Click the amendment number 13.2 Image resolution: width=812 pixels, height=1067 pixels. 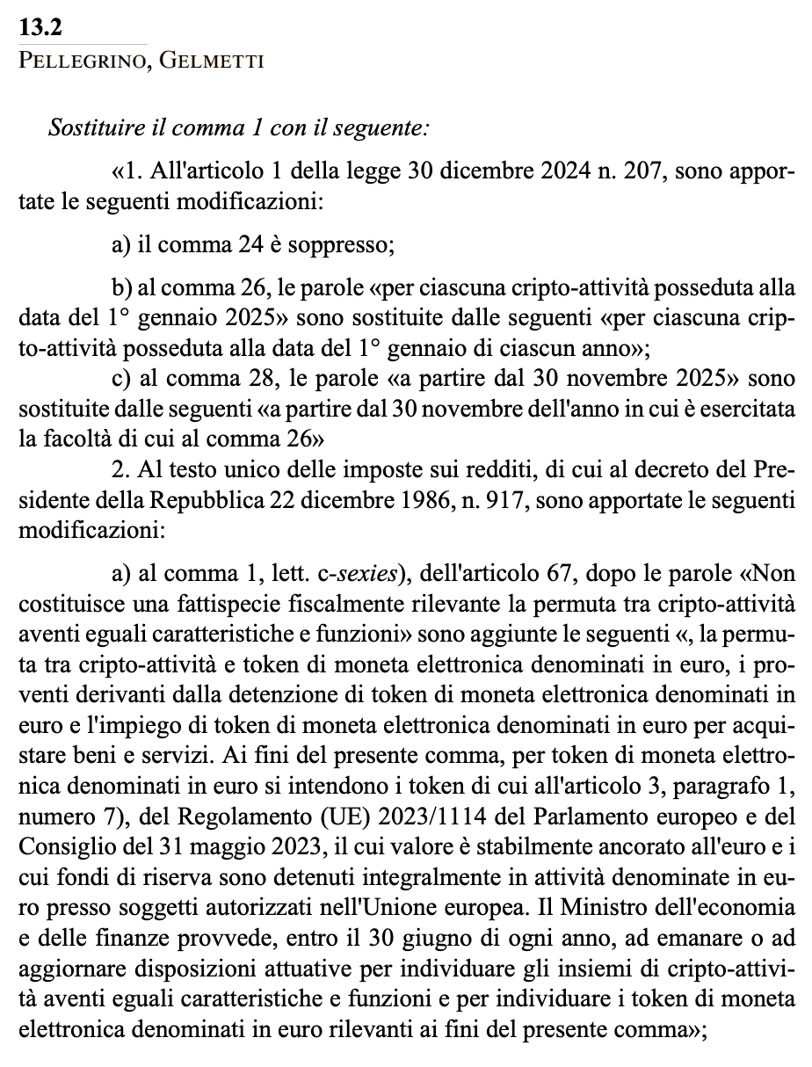40,28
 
